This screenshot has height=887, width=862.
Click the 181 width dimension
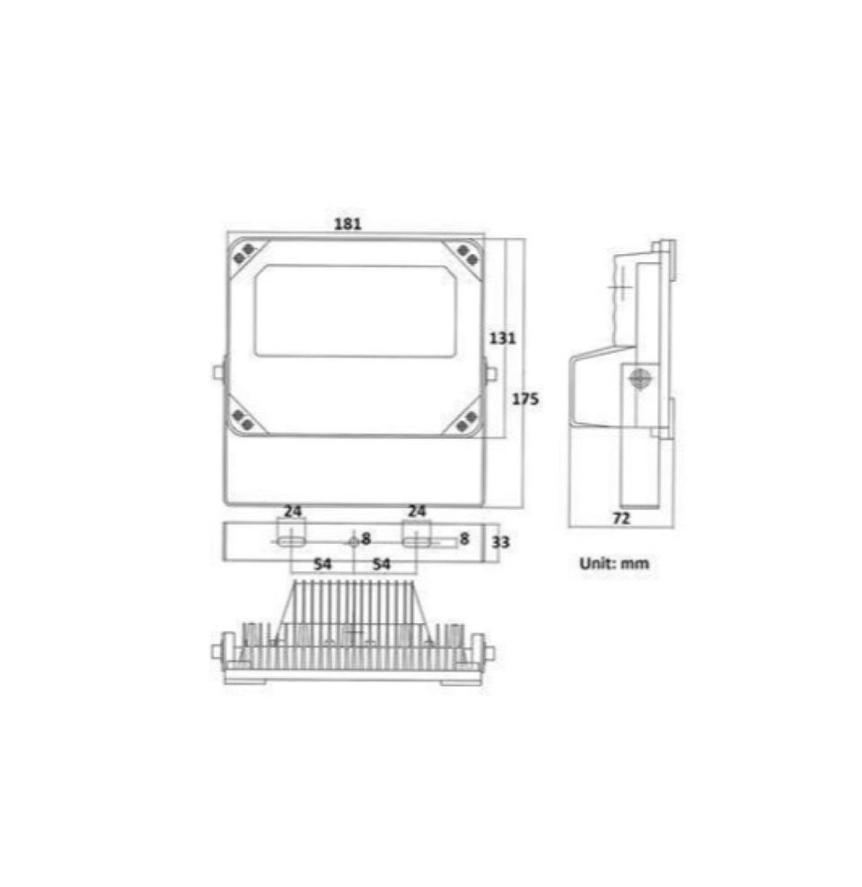click(x=347, y=224)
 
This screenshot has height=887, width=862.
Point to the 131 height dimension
click(x=502, y=338)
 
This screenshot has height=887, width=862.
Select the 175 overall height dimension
click(x=525, y=399)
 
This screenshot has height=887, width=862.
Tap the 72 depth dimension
click(x=621, y=518)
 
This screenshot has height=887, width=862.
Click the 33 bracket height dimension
click(x=500, y=542)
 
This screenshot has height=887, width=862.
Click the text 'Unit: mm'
click(x=614, y=564)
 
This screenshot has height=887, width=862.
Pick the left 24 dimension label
click(x=293, y=512)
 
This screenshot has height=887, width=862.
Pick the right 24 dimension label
click(x=417, y=512)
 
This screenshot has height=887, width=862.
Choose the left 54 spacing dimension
click(x=322, y=564)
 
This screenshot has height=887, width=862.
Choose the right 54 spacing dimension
click(x=382, y=564)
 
